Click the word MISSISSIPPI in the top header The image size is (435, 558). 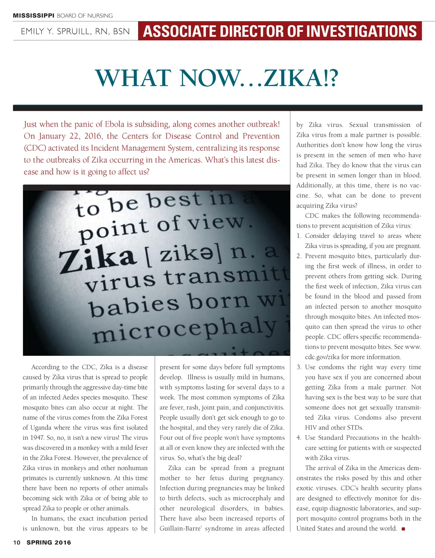[x=34, y=16]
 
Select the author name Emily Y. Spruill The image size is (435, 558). [x=75, y=31]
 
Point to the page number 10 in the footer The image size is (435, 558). [x=17, y=542]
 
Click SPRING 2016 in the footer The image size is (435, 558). [x=49, y=542]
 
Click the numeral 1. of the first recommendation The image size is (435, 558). [x=299, y=236]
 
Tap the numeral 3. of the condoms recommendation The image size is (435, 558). [x=299, y=367]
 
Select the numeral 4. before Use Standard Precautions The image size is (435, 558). [x=299, y=437]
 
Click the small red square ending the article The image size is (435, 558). [x=403, y=529]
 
